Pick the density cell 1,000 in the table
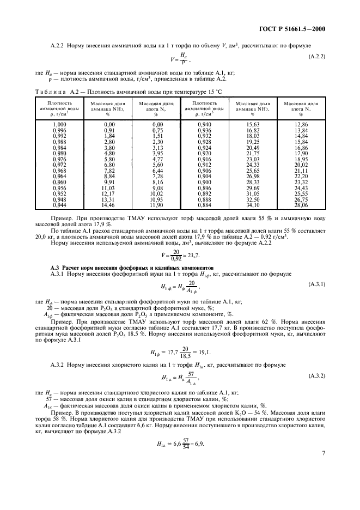pos(52,125)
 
